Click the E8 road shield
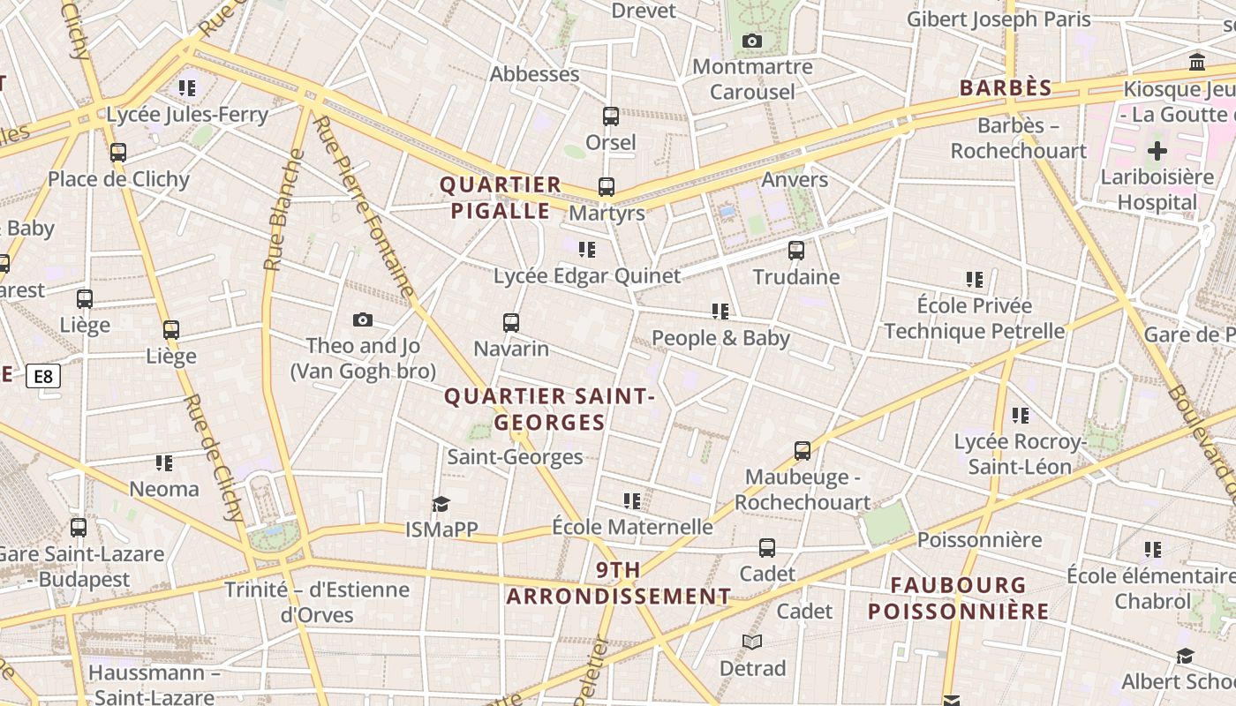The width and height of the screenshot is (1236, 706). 42,377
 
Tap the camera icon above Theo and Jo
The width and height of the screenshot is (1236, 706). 362,319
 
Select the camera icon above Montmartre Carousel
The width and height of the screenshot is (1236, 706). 751,41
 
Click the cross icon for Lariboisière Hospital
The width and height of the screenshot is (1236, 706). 1157,150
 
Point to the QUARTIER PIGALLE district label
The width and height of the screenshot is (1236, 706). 501,198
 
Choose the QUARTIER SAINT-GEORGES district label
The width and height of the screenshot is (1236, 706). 549,409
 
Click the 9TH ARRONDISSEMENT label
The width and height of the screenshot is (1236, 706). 618,583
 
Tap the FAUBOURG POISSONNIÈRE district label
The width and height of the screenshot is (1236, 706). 958,597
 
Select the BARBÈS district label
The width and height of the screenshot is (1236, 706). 1006,88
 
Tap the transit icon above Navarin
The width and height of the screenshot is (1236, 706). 511,322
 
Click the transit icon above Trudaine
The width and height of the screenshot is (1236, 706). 796,251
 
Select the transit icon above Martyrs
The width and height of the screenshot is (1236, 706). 607,187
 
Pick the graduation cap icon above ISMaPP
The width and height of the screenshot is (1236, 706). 441,504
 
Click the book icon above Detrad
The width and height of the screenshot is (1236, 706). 752,642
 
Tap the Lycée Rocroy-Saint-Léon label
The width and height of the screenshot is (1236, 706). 1018,454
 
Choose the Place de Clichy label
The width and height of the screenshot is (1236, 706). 118,179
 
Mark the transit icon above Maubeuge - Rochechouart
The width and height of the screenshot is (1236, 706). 803,451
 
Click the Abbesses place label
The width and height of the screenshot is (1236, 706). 534,74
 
